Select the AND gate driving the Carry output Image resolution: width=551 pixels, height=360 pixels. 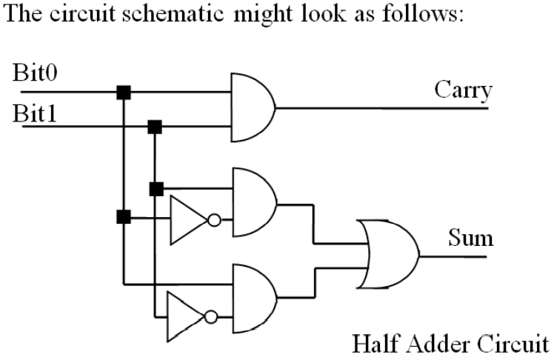[x=253, y=107]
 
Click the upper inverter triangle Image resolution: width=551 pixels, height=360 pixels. [x=187, y=220]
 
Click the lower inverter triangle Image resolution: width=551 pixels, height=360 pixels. [x=185, y=314]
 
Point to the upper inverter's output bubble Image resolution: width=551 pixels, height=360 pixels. [x=215, y=220]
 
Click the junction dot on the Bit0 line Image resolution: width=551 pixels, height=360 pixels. [x=124, y=92]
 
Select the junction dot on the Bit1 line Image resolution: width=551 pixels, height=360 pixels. [x=155, y=127]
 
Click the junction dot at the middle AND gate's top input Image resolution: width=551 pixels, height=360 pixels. [x=156, y=188]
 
